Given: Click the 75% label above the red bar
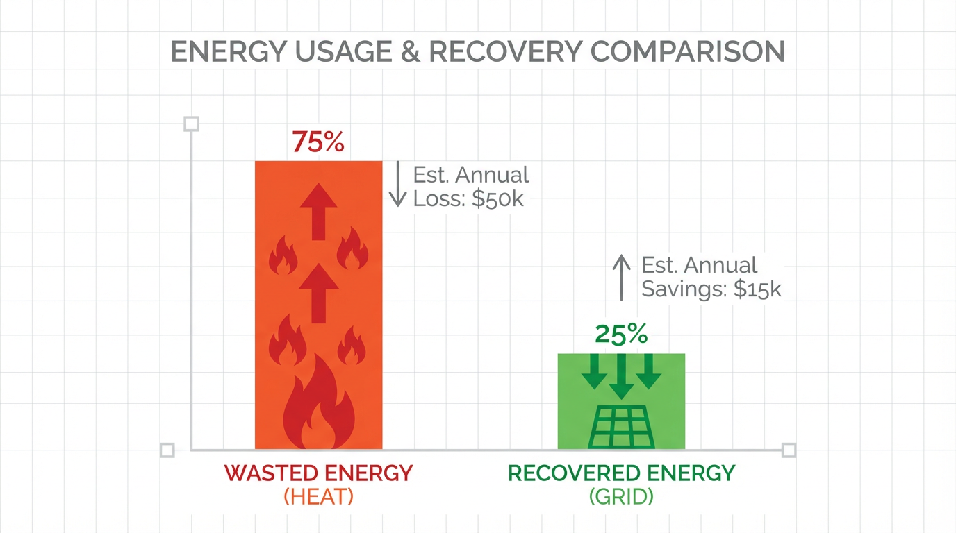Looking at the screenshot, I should coord(318,142).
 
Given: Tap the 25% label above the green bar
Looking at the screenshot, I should coord(621,335).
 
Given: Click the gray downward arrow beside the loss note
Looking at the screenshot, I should coord(397,184).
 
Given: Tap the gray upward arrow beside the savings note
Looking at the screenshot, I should coord(621,276).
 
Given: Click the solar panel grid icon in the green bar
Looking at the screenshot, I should coord(621,426).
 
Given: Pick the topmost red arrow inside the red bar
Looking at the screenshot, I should coord(319,211).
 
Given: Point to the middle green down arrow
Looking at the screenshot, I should coord(621,375).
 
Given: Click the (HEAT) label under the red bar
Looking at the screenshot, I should coord(319,497).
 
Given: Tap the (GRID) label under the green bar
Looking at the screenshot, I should coord(621,497).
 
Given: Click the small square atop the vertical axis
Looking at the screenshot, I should coord(191,124).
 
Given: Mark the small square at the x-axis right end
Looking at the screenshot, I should coord(789,450).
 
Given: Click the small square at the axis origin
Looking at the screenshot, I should coord(167,450).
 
